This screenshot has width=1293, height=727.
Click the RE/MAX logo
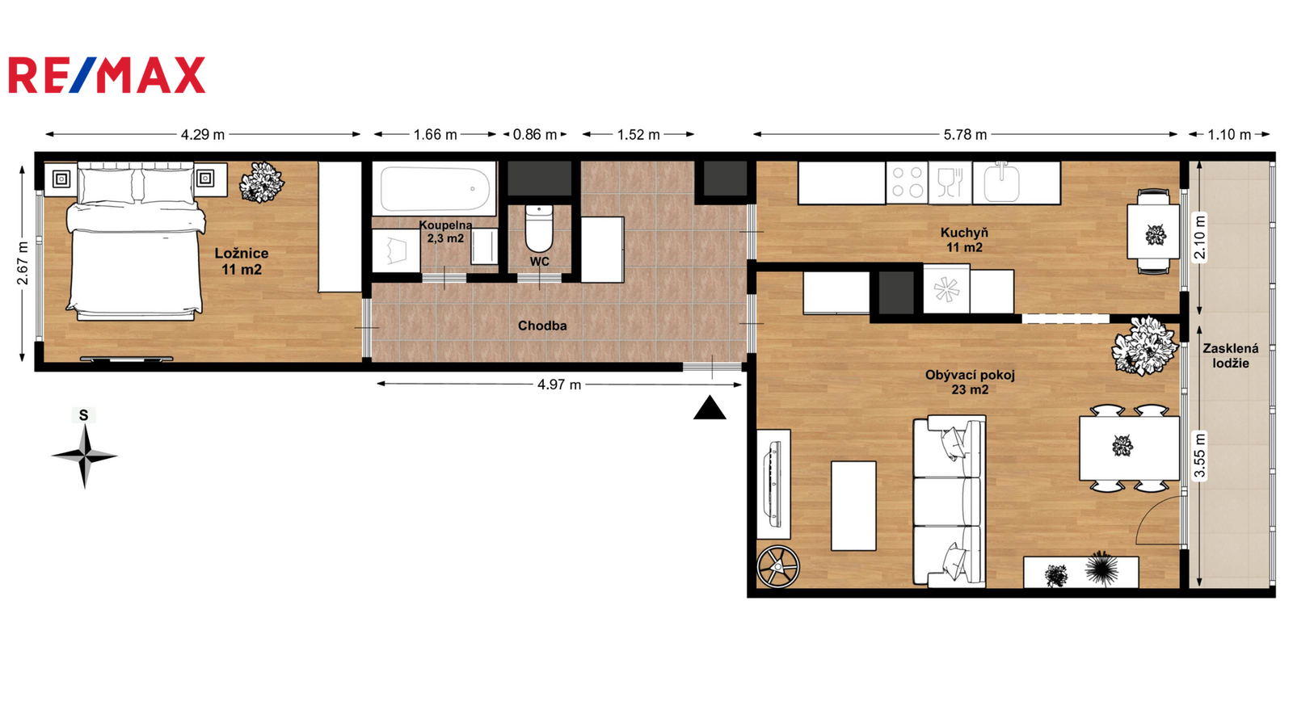[x=107, y=75]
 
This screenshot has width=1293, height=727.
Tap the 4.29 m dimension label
[x=203, y=135]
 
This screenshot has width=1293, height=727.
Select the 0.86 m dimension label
[x=535, y=135]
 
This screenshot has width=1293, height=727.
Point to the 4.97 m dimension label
[x=558, y=385]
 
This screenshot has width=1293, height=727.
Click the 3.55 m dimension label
[x=1199, y=456]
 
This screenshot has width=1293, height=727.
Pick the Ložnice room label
[x=242, y=262]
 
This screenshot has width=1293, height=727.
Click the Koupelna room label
[x=445, y=232]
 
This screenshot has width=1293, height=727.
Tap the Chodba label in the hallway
[x=542, y=326]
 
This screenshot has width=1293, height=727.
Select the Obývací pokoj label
[x=970, y=383]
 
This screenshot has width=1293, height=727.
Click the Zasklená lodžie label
[x=1231, y=356]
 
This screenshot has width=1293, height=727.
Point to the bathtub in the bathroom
[x=433, y=188]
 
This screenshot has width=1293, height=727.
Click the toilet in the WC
[x=539, y=229]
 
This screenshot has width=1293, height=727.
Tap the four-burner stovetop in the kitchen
[x=907, y=183]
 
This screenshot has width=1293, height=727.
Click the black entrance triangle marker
[x=710, y=407]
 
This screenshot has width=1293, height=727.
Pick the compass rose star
[x=84, y=456]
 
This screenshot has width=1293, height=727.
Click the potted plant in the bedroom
[x=262, y=183]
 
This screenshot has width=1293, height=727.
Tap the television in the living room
[x=773, y=485]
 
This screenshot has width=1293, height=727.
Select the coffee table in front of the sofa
[x=853, y=506]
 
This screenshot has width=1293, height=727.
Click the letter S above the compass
[x=84, y=415]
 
